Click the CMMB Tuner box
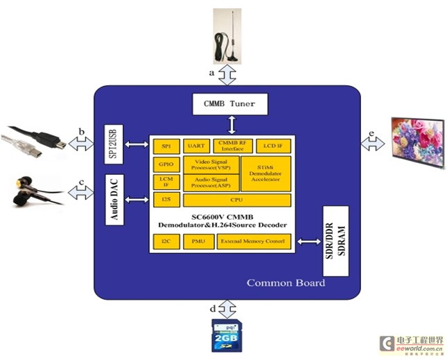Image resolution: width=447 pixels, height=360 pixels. coord(229,104)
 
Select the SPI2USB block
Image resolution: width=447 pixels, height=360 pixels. coord(113,144)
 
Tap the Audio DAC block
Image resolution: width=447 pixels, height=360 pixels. coord(113,200)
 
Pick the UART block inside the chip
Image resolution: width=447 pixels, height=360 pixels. coord(195,145)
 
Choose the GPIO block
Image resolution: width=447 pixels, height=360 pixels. coord(165,164)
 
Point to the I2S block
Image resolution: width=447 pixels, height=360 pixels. coord(165,200)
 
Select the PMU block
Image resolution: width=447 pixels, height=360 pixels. coord(197,241)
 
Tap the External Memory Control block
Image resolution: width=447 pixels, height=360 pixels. coord(253,241)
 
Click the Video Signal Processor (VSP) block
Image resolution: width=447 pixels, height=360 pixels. coord(211,164)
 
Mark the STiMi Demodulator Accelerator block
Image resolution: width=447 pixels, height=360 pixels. coord(266,173)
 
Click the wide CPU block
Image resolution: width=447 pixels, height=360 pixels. coord(236,200)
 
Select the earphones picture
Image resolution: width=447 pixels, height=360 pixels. coord(35,192)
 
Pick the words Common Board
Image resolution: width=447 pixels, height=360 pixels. coord(286,282)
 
